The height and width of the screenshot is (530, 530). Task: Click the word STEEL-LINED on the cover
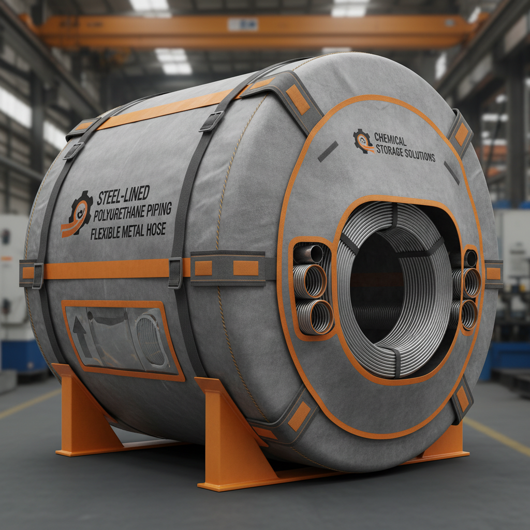tap(123, 196)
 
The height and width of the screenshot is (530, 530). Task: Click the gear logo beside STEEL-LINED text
tap(78, 213)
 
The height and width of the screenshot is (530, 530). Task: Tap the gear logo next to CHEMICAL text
tap(363, 140)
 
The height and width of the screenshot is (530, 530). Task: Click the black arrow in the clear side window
tap(80, 337)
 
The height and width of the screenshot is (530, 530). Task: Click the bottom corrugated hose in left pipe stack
tap(314, 316)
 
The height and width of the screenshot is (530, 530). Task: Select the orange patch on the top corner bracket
tap(298, 99)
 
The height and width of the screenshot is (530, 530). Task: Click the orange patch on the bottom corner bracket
tap(299, 416)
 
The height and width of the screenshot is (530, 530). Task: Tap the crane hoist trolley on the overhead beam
tap(242, 24)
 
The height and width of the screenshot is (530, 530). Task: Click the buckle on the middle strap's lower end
tap(175, 272)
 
